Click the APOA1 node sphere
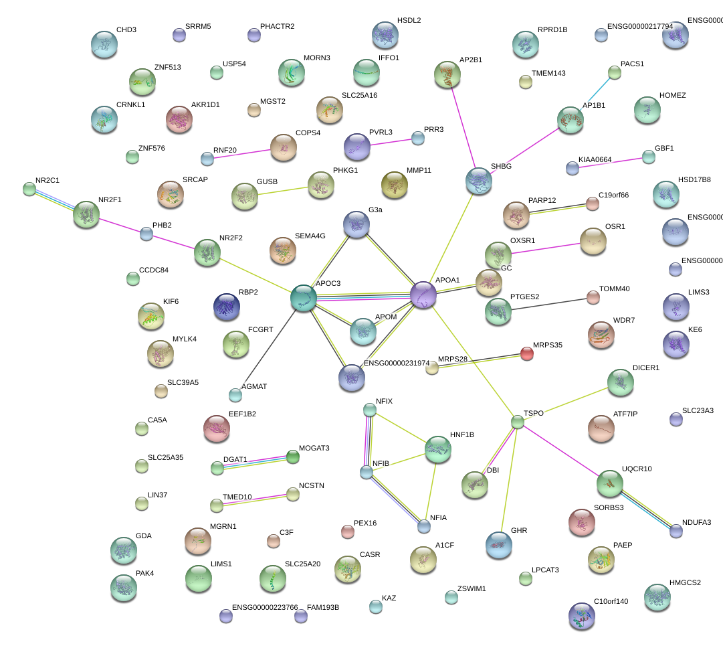tap(423, 295)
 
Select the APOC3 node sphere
tap(303, 298)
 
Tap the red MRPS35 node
tap(527, 354)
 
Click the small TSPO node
tap(518, 422)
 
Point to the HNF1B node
tap(438, 449)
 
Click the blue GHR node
tap(499, 544)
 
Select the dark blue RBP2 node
tap(227, 306)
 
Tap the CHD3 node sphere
tap(104, 44)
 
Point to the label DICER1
tap(645, 368)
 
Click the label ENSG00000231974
tap(397, 364)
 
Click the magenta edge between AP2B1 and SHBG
tap(463, 128)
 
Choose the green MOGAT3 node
tap(292, 457)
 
